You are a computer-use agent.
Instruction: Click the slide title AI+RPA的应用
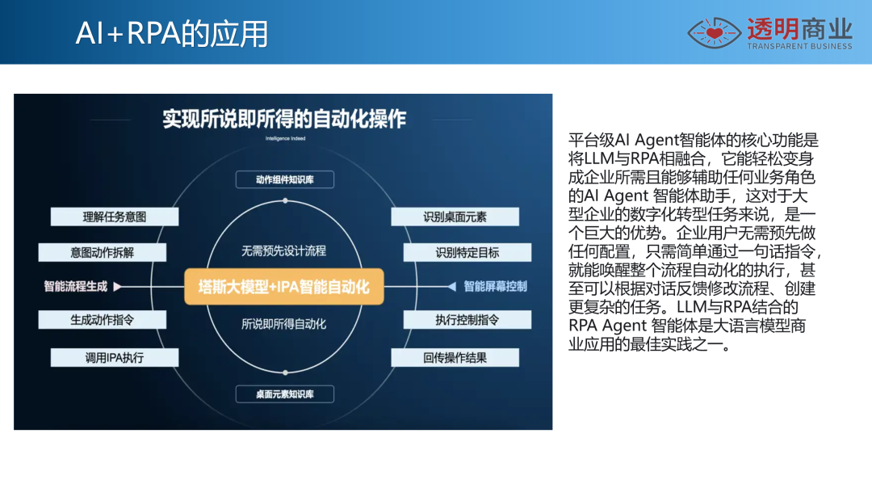171,33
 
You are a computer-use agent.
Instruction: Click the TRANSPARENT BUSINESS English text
799,46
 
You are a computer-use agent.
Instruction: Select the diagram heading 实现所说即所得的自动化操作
284,119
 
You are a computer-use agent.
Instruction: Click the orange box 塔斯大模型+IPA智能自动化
283,287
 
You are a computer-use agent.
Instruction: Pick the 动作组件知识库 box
284,179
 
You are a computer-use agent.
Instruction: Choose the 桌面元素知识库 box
284,394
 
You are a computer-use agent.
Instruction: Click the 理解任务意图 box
103,217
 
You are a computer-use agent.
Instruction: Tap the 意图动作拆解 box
103,252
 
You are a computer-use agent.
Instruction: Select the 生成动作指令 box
103,320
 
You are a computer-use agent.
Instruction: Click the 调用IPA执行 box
103,357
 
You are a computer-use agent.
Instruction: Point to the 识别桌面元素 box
455,217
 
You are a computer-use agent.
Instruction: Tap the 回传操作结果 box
455,357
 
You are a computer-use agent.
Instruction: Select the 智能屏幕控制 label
495,286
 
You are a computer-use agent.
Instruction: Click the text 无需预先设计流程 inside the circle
283,250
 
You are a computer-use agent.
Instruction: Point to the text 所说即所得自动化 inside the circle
283,323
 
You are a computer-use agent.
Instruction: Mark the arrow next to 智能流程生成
117,286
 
